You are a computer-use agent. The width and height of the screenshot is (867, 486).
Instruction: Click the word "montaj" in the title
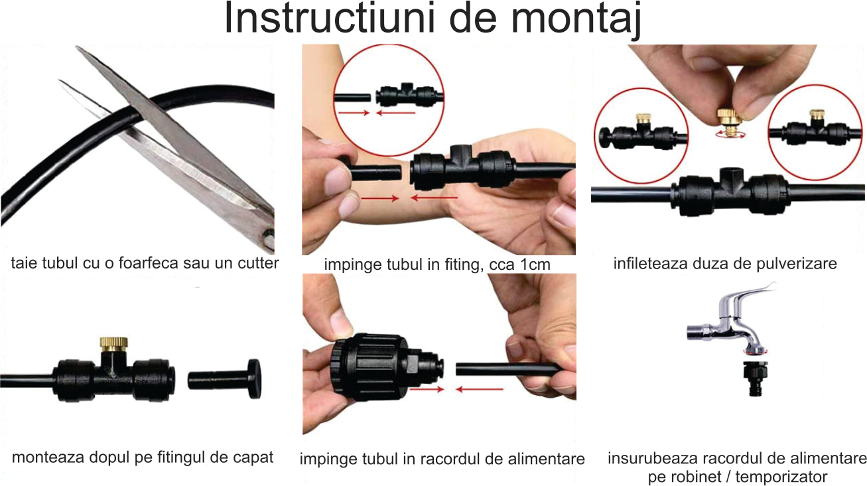(576, 19)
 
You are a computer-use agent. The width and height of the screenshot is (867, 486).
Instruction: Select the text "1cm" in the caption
(535, 265)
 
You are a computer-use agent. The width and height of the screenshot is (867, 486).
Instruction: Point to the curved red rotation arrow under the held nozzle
(730, 135)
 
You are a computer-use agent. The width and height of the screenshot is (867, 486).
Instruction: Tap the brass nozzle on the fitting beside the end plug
(114, 343)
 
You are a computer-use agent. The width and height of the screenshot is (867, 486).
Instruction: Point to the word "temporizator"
(781, 477)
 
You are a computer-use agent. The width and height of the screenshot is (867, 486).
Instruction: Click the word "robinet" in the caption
(694, 477)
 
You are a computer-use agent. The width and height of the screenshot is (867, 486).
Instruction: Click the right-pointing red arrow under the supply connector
(427, 389)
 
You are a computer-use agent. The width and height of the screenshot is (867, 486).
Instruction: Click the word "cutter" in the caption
(258, 263)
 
